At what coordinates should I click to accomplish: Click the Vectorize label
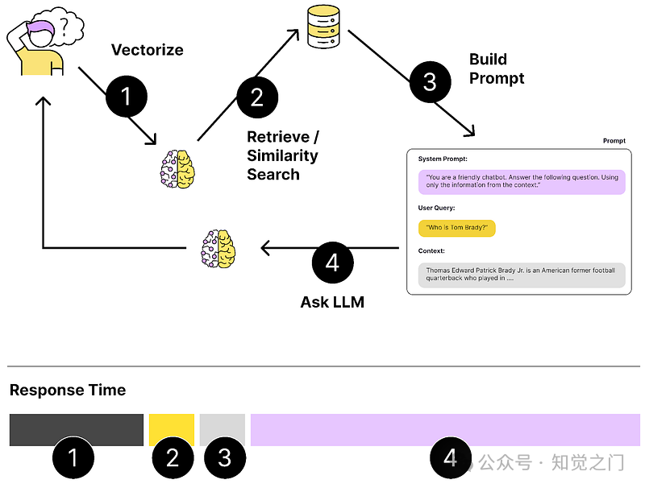coord(147,50)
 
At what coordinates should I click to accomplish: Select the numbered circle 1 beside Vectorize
coord(126,97)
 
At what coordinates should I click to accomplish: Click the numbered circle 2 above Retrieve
coord(257,97)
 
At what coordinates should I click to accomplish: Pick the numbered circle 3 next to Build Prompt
coord(430,82)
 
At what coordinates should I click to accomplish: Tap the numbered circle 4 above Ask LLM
coord(333,263)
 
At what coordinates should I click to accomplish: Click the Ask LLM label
coord(332,302)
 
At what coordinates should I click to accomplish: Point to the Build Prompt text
coord(496,68)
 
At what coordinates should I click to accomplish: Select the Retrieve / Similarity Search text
coord(282,155)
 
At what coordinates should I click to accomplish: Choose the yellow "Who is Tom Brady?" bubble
coord(456,228)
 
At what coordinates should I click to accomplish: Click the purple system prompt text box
coord(522,181)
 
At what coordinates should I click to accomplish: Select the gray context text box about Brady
coord(522,275)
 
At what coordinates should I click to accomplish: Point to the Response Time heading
coord(68,391)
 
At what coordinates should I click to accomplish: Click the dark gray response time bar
coord(76,430)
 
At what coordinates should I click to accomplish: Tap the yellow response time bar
coord(172,430)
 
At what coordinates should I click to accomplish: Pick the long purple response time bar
coord(445,430)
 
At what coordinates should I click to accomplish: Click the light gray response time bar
coord(223,430)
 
